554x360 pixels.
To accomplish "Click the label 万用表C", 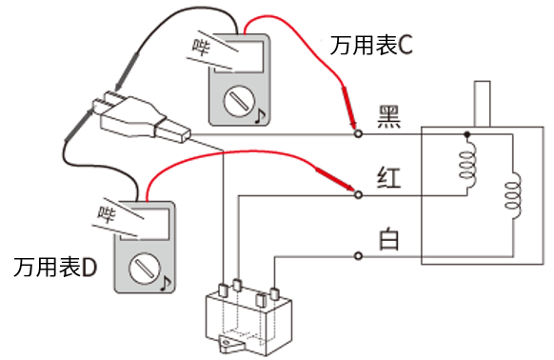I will pyautogui.click(x=371, y=44).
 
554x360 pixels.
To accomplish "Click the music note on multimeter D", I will pyautogui.click(x=165, y=283).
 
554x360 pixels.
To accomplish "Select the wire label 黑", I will pyautogui.click(x=389, y=115).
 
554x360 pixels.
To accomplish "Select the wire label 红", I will pyautogui.click(x=389, y=178).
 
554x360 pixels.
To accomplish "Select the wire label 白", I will pyautogui.click(x=388, y=238).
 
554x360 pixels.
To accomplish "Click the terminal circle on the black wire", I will pyautogui.click(x=358, y=135).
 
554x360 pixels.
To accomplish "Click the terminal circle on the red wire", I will pyautogui.click(x=358, y=195).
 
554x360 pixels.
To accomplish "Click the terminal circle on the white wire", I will pyautogui.click(x=358, y=255).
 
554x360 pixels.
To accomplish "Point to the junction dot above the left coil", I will pyautogui.click(x=466, y=135).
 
